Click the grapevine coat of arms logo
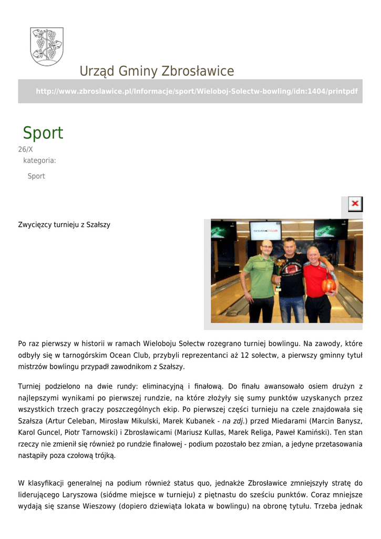click(47, 46)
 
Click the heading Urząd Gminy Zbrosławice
click(157, 71)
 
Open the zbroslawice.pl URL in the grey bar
click(197, 92)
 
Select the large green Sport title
click(43, 133)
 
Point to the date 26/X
click(26, 149)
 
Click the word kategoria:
click(39, 161)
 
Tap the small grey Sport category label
click(36, 176)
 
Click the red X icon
click(355, 204)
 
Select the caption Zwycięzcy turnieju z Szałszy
click(64, 225)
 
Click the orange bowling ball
click(328, 285)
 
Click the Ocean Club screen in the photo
click(265, 231)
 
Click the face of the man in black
click(290, 247)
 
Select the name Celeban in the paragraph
click(85, 421)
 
